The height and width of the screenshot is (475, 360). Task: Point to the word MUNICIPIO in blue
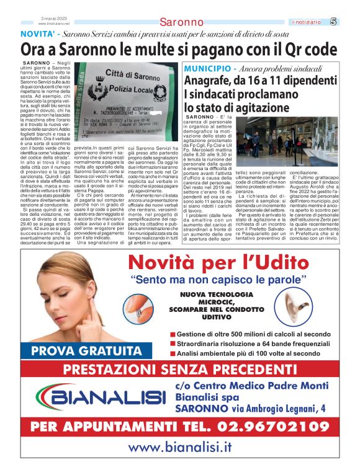(x=207, y=66)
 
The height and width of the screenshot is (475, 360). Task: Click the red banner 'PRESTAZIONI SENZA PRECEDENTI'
(x=179, y=370)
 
